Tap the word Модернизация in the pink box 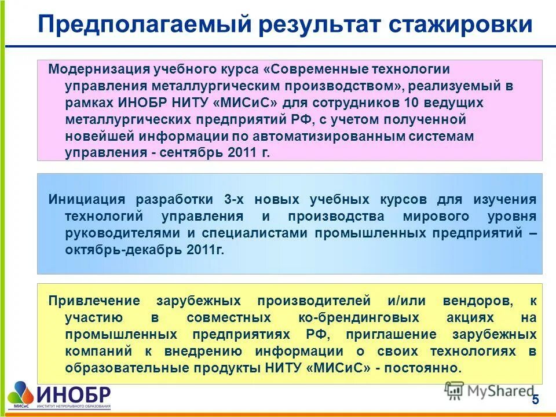(95, 69)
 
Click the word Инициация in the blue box (87, 200)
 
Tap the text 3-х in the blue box (235, 200)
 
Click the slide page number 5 (535, 400)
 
